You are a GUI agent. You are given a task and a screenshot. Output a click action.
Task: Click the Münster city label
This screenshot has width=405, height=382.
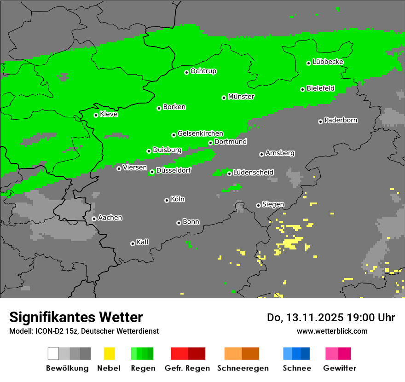coord(241,97)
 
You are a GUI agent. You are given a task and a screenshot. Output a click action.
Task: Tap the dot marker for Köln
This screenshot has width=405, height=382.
coord(167,200)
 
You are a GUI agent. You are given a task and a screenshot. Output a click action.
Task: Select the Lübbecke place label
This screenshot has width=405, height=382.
coord(328,62)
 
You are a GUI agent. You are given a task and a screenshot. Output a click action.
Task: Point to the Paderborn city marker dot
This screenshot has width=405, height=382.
coord(320,122)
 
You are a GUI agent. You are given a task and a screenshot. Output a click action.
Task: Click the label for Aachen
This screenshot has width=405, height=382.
coord(110,217)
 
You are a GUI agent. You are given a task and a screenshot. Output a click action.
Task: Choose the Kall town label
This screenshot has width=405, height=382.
coord(143,242)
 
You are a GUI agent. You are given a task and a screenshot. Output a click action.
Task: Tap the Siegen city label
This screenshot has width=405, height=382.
coord(273,204)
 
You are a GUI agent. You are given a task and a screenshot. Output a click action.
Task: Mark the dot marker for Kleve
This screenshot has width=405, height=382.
coord(96,115)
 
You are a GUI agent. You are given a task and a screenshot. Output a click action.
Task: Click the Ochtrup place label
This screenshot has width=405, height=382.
coord(203,71)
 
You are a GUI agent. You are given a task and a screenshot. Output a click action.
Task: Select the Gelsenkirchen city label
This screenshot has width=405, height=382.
coord(200,133)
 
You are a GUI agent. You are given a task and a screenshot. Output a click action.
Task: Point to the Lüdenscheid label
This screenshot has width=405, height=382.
coord(253,172)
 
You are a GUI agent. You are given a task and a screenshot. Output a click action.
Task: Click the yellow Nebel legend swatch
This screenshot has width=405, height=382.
coord(109,353)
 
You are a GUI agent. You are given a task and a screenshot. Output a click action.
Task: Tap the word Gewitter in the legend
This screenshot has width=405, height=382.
coord(340,368)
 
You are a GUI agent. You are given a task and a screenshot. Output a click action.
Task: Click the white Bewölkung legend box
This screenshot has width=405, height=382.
coord(53,353)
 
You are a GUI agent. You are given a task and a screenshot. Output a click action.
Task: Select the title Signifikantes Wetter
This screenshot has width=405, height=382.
coord(76,317)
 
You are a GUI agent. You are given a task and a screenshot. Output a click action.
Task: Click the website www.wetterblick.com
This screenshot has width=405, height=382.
coord(332,331)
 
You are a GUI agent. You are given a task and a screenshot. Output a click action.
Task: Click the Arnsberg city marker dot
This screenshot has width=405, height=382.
coord(261,154)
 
